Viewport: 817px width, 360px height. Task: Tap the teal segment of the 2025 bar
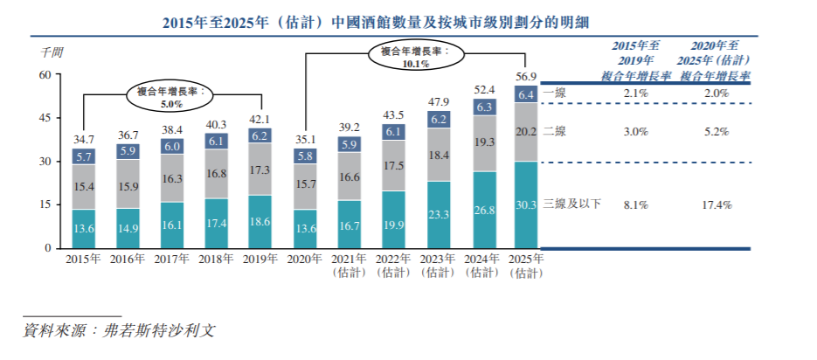pyautogui.click(x=526, y=204)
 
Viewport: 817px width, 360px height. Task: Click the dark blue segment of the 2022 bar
pyautogui.click(x=392, y=131)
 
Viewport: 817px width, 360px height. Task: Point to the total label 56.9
pyautogui.click(x=526, y=75)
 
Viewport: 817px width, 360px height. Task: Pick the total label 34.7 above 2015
pyautogui.click(x=84, y=138)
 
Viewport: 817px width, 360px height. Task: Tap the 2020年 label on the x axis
pyautogui.click(x=304, y=260)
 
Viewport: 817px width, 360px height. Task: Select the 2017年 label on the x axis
pyautogui.click(x=172, y=260)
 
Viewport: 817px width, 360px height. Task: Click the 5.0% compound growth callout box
pyautogui.click(x=171, y=96)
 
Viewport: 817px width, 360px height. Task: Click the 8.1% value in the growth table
pyautogui.click(x=635, y=204)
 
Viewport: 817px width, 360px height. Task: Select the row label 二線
pyautogui.click(x=554, y=131)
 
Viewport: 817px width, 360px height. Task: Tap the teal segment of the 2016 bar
pyautogui.click(x=128, y=228)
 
